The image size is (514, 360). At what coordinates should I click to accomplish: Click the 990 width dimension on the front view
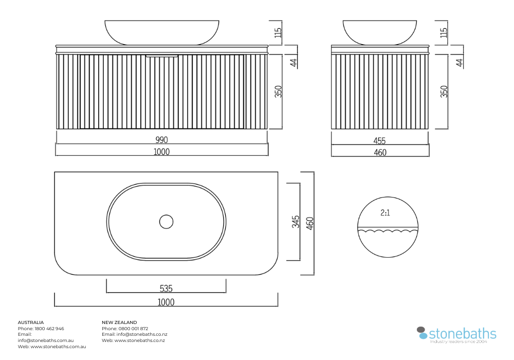tap(161, 140)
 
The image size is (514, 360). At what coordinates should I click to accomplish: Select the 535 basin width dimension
tap(166, 288)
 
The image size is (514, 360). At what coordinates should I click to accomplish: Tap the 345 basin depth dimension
tap(296, 222)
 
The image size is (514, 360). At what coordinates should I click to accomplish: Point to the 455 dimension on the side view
tap(380, 140)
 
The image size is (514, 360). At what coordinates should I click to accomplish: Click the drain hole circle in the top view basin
tap(166, 222)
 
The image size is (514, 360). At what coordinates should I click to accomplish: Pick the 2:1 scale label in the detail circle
tap(385, 213)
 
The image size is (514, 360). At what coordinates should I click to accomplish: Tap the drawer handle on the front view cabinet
tap(162, 56)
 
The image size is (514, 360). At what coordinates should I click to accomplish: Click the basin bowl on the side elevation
tap(380, 32)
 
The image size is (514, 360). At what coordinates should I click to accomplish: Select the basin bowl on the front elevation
tap(162, 32)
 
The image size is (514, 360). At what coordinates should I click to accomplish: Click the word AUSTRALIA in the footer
tap(31, 322)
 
